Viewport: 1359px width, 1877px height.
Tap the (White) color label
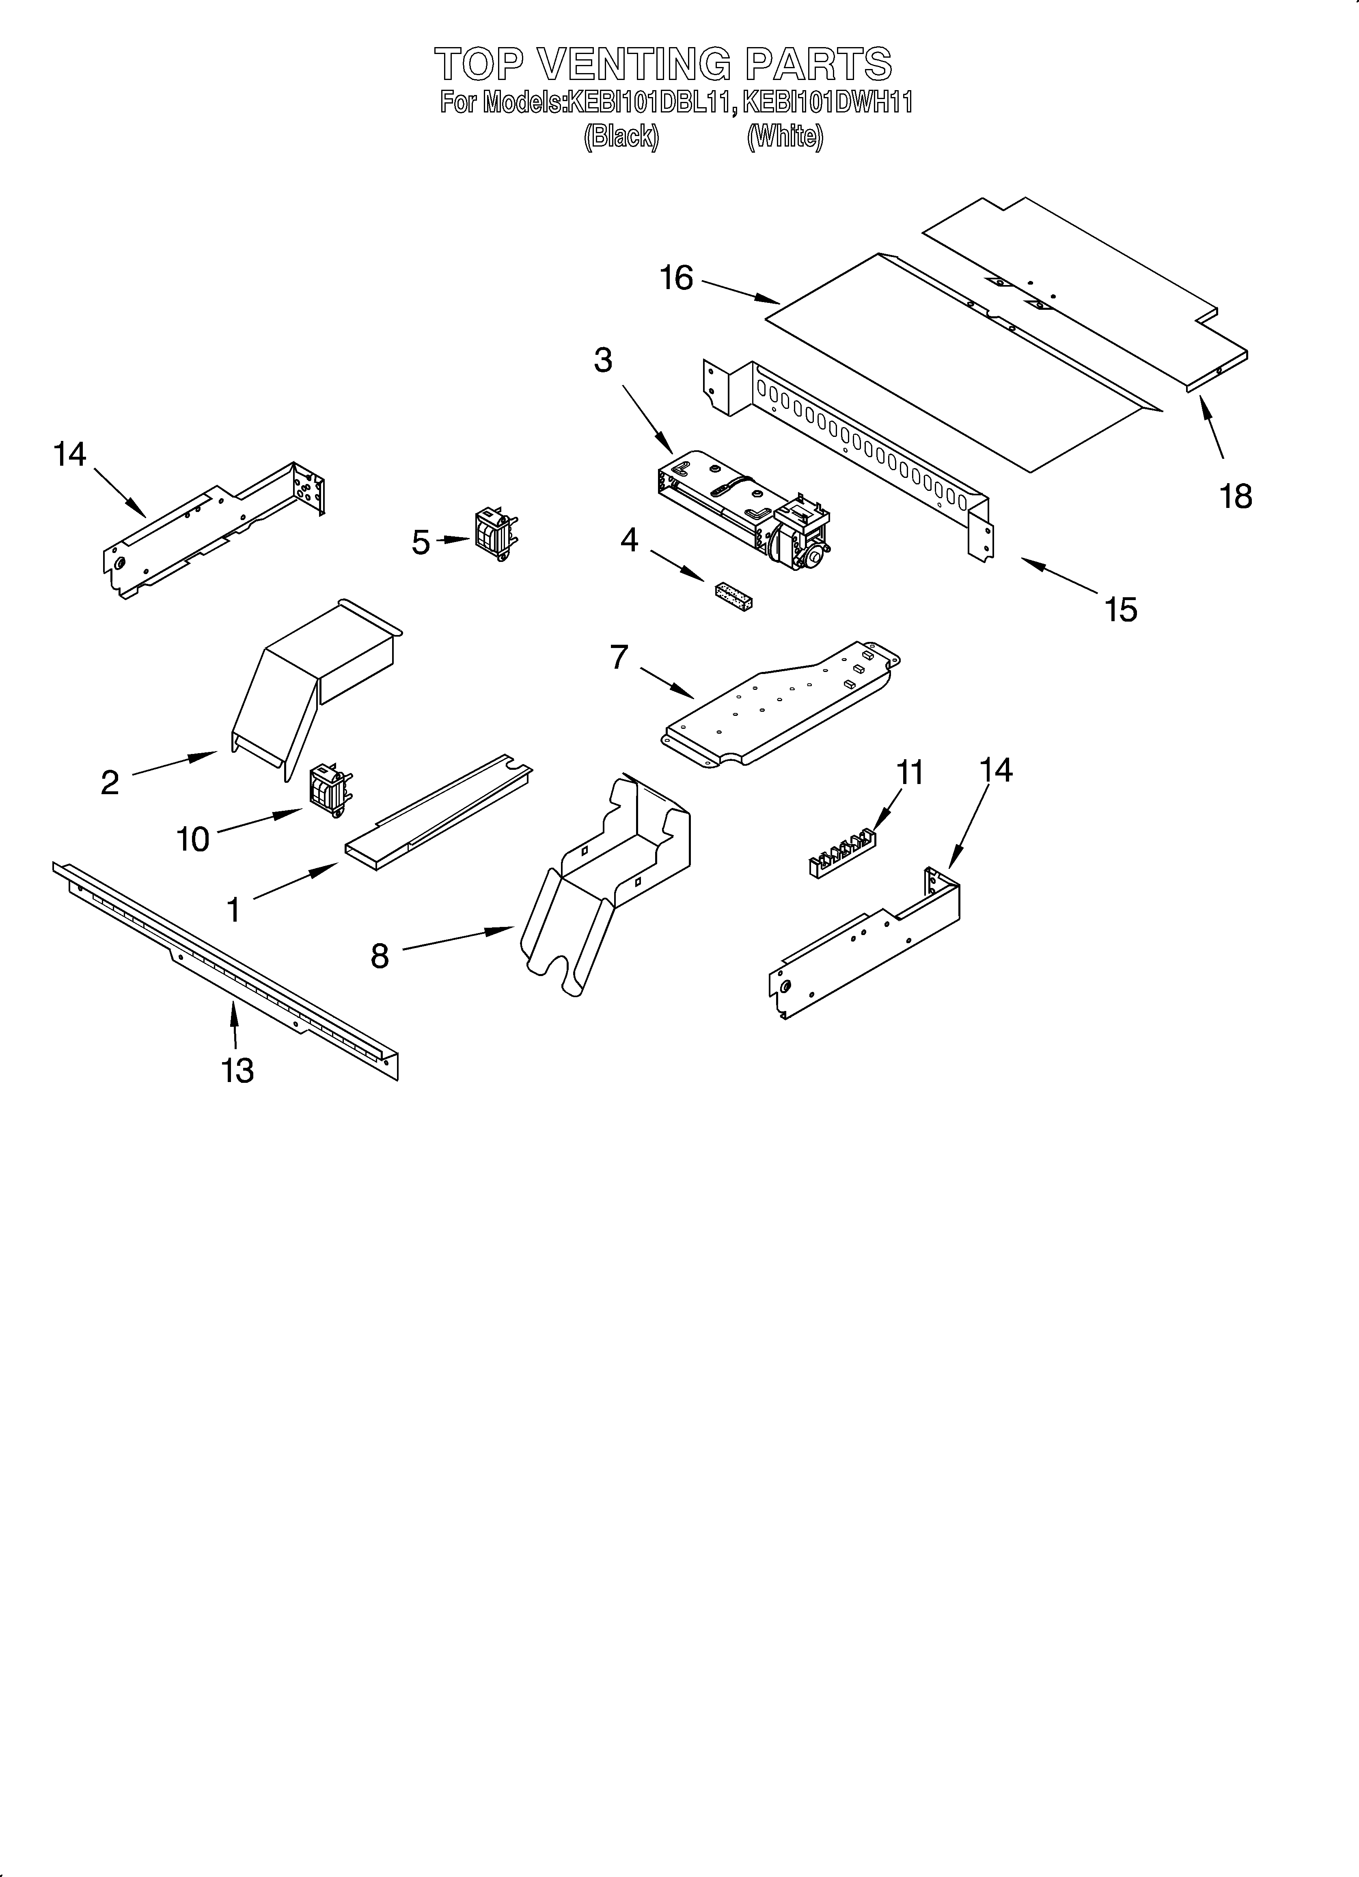point(785,136)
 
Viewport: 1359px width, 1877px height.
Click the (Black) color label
point(621,136)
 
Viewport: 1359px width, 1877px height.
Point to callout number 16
point(676,279)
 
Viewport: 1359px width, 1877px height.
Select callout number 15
point(1121,610)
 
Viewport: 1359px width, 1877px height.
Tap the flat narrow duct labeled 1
point(439,815)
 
